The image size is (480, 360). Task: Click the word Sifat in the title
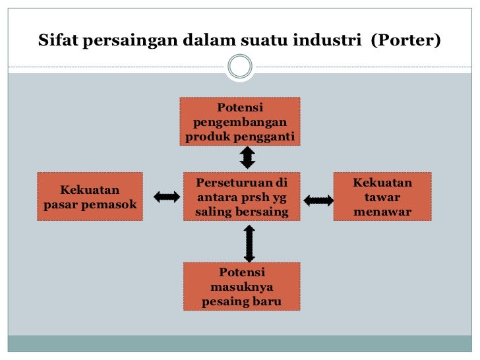pyautogui.click(x=57, y=40)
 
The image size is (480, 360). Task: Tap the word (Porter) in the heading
pyautogui.click(x=405, y=40)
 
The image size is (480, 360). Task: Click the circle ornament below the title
pyautogui.click(x=240, y=66)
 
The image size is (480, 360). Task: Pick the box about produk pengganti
pyautogui.click(x=240, y=121)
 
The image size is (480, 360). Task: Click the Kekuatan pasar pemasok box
pyautogui.click(x=90, y=196)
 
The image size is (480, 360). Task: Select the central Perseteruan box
pyautogui.click(x=242, y=196)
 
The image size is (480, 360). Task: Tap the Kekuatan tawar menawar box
pyautogui.click(x=382, y=196)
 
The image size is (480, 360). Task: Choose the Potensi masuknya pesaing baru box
pyautogui.click(x=242, y=287)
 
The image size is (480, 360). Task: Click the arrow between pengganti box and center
pyautogui.click(x=247, y=158)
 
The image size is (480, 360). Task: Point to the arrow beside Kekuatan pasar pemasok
pyautogui.click(x=167, y=197)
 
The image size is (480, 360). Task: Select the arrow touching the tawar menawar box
pyautogui.click(x=318, y=200)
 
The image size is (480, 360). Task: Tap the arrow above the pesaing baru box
pyautogui.click(x=249, y=244)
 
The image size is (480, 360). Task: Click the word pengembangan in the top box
pyautogui.click(x=240, y=123)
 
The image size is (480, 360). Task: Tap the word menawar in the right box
pyautogui.click(x=382, y=212)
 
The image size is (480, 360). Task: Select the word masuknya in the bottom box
pyautogui.click(x=242, y=287)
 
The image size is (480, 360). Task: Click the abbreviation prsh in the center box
pyautogui.click(x=253, y=197)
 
